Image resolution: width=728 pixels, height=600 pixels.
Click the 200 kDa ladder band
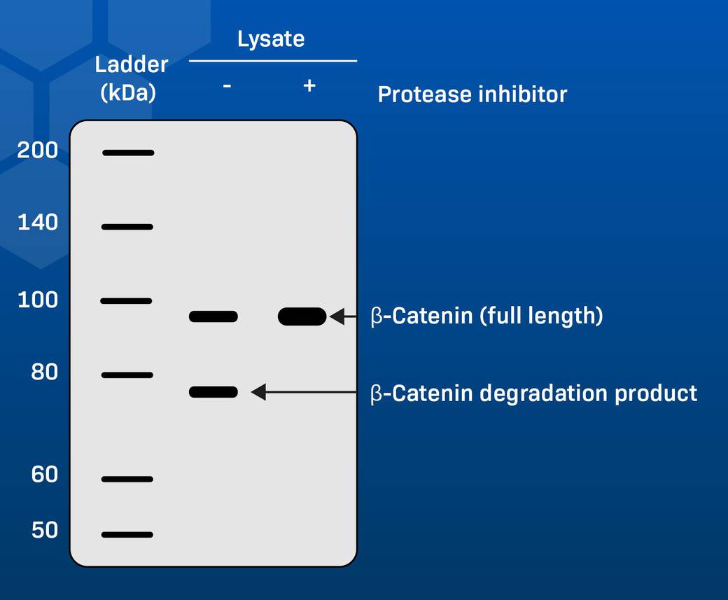(127, 152)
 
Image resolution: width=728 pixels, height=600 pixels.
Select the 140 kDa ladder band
(127, 226)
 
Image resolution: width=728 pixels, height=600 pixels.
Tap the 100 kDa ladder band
(126, 301)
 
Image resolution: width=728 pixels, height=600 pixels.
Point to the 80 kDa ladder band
(127, 375)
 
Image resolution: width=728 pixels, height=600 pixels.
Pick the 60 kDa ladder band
(127, 479)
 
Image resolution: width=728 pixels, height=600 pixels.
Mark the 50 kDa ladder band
(127, 534)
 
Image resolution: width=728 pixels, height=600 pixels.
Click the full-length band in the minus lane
(213, 316)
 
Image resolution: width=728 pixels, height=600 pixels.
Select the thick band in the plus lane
(302, 316)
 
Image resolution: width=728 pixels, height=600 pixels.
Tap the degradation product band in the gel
(213, 392)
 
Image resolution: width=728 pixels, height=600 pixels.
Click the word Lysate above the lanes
(271, 39)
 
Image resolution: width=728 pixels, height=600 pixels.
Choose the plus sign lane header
(309, 85)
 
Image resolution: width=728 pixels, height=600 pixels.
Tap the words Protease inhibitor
(472, 94)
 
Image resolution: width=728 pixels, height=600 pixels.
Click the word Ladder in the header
(132, 64)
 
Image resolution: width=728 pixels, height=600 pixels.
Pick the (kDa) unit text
(128, 92)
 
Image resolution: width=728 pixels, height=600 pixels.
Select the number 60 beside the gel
(44, 475)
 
